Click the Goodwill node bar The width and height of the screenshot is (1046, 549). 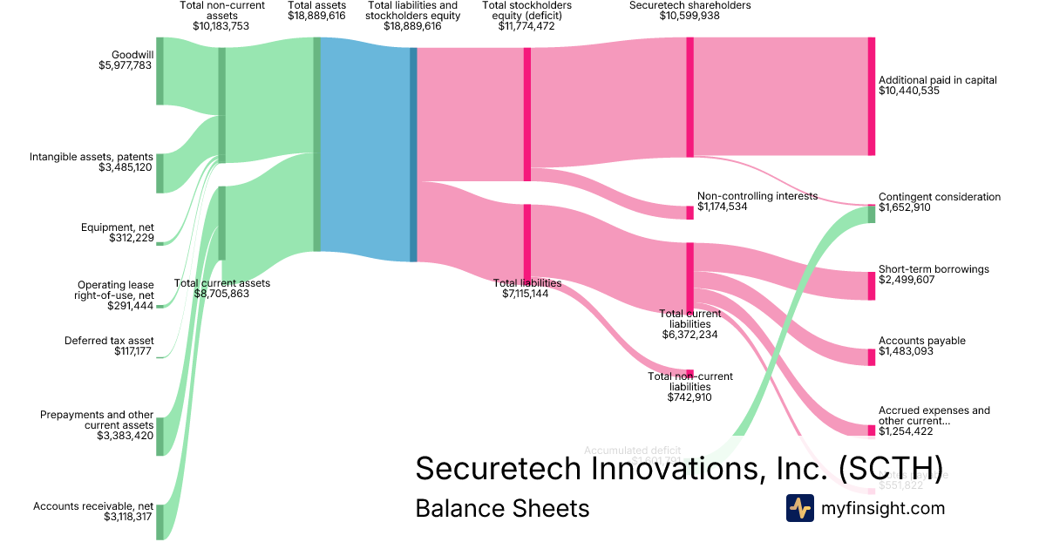(160, 71)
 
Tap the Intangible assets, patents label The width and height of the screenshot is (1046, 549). (92, 157)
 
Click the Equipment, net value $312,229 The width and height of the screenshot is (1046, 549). (132, 238)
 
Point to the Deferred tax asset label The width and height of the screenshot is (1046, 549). (109, 341)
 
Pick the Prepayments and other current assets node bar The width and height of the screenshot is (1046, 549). (160, 437)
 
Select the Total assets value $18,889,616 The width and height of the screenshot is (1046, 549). (316, 16)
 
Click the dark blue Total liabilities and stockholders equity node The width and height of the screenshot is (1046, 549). (413, 154)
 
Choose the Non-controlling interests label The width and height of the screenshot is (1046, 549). (757, 196)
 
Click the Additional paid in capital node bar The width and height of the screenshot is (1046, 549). (871, 96)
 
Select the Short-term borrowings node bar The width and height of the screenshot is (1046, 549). (871, 286)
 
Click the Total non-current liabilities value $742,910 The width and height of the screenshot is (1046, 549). (689, 396)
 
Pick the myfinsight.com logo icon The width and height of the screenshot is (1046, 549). (799, 508)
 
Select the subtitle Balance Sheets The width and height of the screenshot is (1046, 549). (502, 508)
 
